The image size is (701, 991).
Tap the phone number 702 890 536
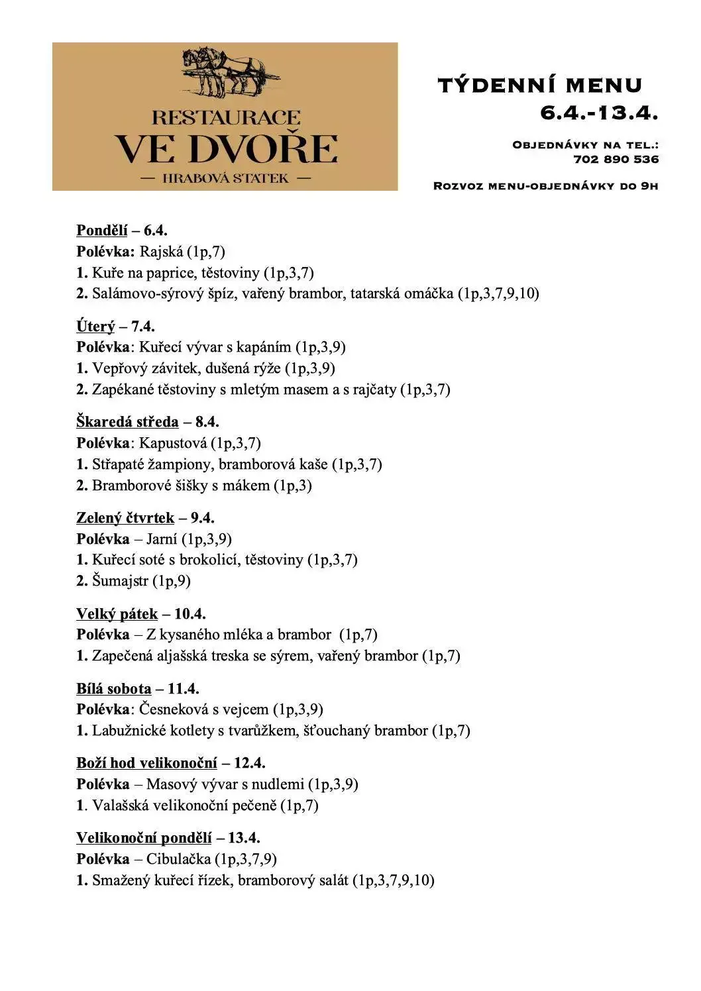pyautogui.click(x=616, y=159)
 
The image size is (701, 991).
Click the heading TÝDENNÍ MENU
pyautogui.click(x=540, y=85)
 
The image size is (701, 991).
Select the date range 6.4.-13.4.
pyautogui.click(x=598, y=113)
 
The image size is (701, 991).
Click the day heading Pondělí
pyautogui.click(x=101, y=231)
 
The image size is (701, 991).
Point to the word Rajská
pyautogui.click(x=161, y=252)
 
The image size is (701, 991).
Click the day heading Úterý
pyautogui.click(x=95, y=327)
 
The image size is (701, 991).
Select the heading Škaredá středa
pyautogui.click(x=127, y=422)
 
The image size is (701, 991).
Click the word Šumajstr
pyautogui.click(x=120, y=581)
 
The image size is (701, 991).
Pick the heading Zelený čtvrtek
pyautogui.click(x=125, y=518)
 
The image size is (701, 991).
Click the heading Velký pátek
pyautogui.click(x=117, y=614)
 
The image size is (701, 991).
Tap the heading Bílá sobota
pyautogui.click(x=113, y=689)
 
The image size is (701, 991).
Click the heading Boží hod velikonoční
pyautogui.click(x=146, y=763)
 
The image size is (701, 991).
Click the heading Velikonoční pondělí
pyautogui.click(x=144, y=838)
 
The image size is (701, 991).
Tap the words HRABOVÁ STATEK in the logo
pyautogui.click(x=225, y=178)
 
